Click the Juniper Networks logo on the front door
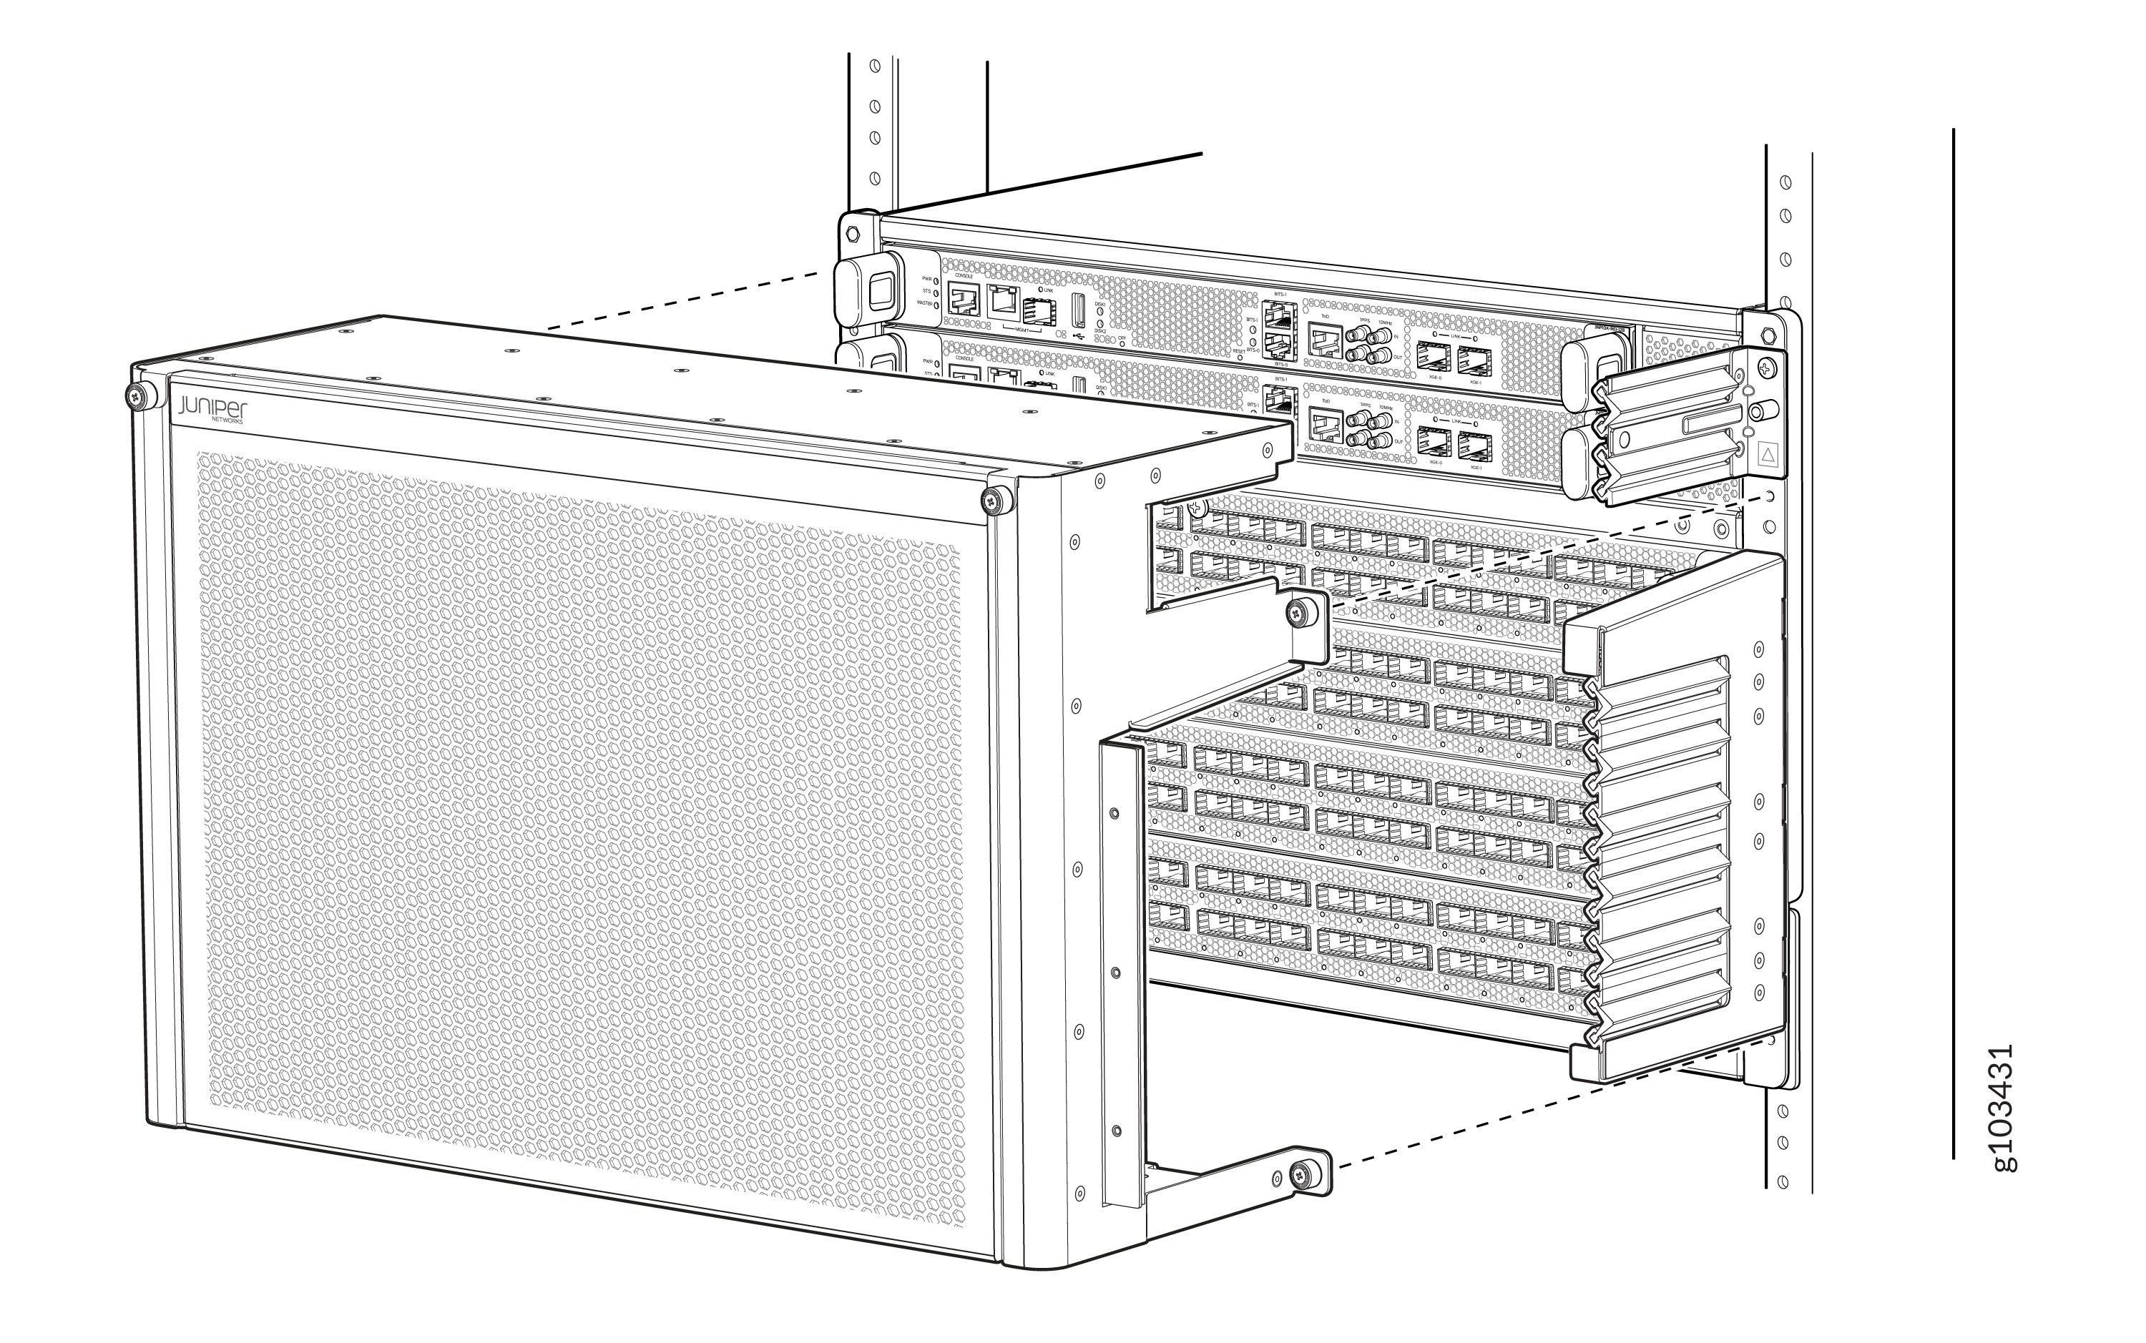(212, 410)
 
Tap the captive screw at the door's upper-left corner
(136, 397)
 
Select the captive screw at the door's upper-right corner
(991, 501)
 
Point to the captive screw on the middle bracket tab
(1300, 611)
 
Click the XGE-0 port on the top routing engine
(1434, 355)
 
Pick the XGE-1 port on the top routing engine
(1474, 360)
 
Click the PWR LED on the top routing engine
(936, 280)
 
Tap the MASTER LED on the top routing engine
(937, 303)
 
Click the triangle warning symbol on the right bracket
(1767, 456)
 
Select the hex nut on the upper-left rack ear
(853, 235)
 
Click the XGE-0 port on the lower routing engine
(1434, 440)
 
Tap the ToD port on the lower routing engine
(1324, 423)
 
